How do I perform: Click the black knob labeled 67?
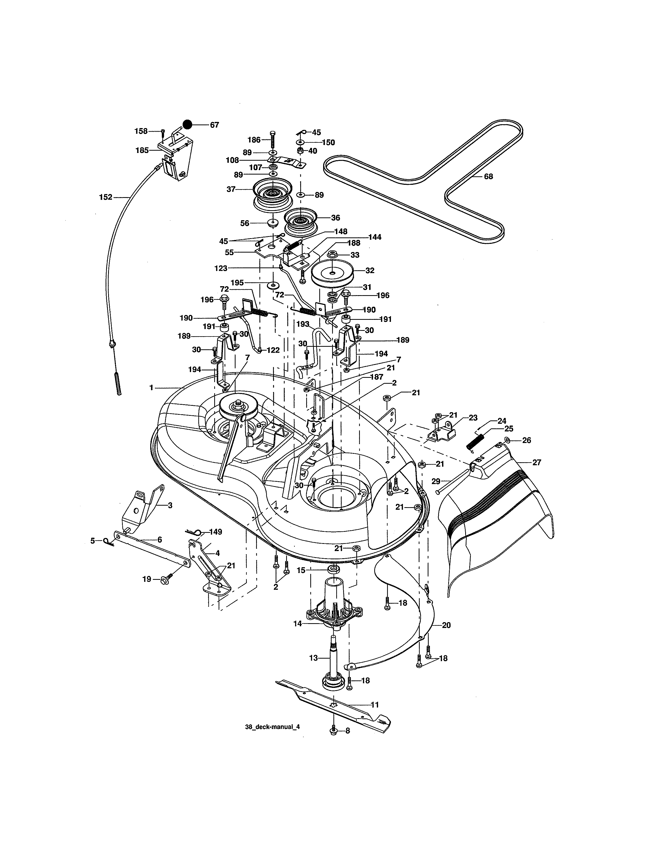[x=188, y=124]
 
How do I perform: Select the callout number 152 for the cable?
[x=106, y=197]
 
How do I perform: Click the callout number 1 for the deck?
[x=151, y=387]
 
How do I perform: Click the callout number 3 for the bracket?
[x=170, y=505]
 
